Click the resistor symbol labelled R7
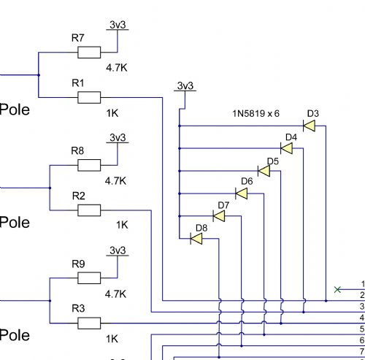click(x=89, y=53)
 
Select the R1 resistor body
click(x=89, y=98)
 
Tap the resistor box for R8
click(x=89, y=165)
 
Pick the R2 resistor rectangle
click(x=89, y=210)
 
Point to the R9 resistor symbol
click(x=89, y=278)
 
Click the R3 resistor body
click(x=89, y=323)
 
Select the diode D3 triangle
click(x=309, y=126)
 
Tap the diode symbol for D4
click(x=286, y=148)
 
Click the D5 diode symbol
click(x=264, y=171)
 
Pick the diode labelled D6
click(x=242, y=194)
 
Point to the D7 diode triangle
click(x=219, y=216)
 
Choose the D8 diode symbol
click(x=196, y=239)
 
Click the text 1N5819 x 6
click(x=255, y=114)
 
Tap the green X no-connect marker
click(x=337, y=289)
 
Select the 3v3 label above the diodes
click(x=185, y=85)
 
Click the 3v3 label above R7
click(x=118, y=25)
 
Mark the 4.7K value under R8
click(x=115, y=181)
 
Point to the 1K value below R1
click(x=112, y=113)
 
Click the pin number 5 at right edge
click(x=362, y=329)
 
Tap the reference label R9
click(x=78, y=264)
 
